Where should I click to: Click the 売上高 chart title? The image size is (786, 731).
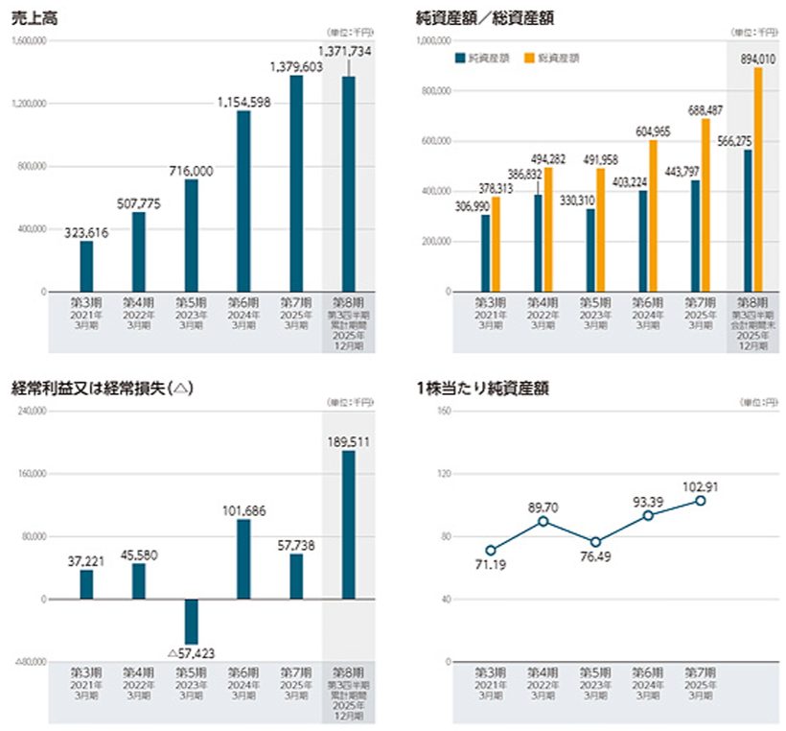[31, 16]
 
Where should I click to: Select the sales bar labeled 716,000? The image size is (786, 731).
[191, 235]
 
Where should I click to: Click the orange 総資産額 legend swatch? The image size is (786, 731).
[529, 58]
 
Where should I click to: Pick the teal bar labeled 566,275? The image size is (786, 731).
[747, 221]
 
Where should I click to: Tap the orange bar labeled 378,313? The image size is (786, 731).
[495, 244]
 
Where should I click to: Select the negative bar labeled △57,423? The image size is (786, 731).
[191, 622]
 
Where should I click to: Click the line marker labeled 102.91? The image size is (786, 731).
[701, 501]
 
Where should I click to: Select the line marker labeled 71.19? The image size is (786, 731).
[491, 551]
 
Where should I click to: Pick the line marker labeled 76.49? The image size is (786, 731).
[595, 542]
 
